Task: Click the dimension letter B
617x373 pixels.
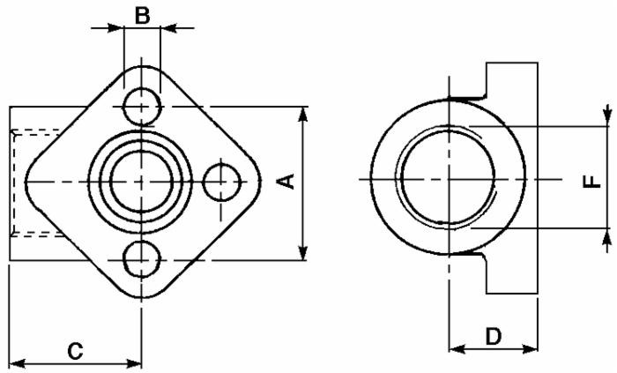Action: tap(142, 14)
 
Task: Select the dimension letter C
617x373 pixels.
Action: tap(76, 351)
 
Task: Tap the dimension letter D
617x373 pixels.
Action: tap(494, 335)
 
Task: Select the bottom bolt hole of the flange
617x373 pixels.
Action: tap(142, 259)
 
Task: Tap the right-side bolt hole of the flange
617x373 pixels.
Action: tap(221, 182)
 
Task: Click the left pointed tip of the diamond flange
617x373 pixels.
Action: tap(26, 181)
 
